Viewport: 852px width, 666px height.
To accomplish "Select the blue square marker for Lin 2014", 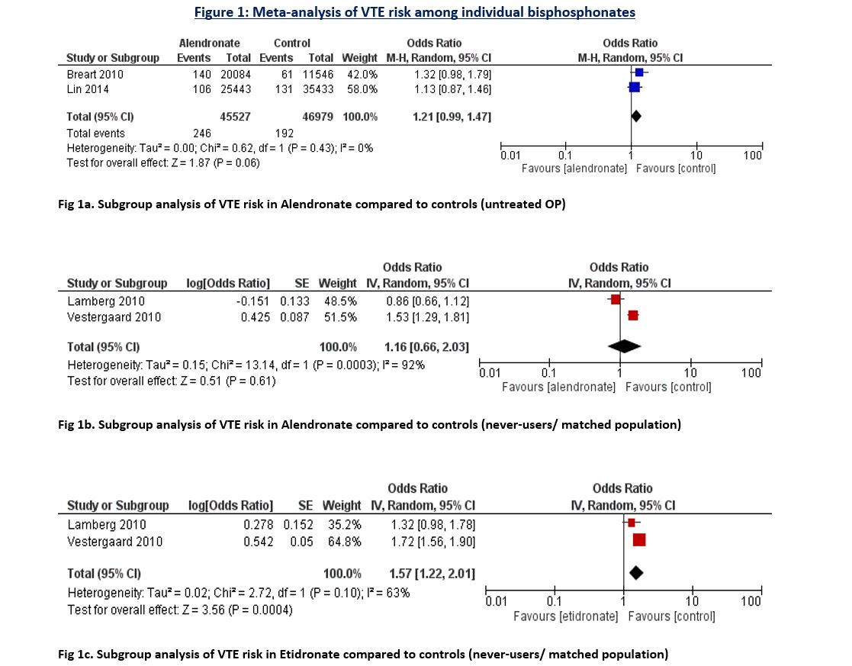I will [x=635, y=88].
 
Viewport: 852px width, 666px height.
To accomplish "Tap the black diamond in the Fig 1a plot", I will [x=635, y=116].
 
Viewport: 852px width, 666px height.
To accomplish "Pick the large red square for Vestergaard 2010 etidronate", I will [x=639, y=540].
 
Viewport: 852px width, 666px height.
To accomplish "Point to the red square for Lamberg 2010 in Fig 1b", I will [x=615, y=300].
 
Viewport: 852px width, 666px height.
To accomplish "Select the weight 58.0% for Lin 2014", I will [x=362, y=88].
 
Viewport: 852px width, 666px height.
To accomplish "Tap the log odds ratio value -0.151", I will [x=252, y=301].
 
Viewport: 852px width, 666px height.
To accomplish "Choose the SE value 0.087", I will [x=294, y=316].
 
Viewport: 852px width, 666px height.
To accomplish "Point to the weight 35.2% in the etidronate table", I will [x=346, y=525].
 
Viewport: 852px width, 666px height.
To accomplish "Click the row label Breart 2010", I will [x=95, y=74].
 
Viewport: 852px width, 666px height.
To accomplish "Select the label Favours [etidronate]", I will [x=565, y=616].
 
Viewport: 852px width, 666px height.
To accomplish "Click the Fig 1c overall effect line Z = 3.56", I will [x=180, y=610].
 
